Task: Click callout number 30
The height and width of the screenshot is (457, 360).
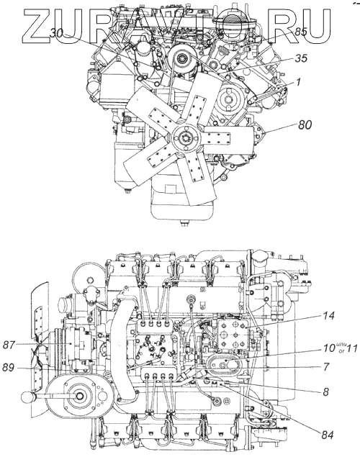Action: point(56,34)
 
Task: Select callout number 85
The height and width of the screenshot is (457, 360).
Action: point(300,32)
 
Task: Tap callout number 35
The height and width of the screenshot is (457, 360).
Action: point(301,58)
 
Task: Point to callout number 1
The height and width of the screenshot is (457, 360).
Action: point(298,82)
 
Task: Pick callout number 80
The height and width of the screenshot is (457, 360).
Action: point(305,125)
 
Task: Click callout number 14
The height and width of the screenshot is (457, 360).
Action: point(328,316)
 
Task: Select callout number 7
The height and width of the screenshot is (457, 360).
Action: point(326,367)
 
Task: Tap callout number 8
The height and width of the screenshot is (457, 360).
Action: point(325,392)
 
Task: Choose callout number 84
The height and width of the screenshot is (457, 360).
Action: point(328,435)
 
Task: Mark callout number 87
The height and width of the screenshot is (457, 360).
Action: point(9,345)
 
